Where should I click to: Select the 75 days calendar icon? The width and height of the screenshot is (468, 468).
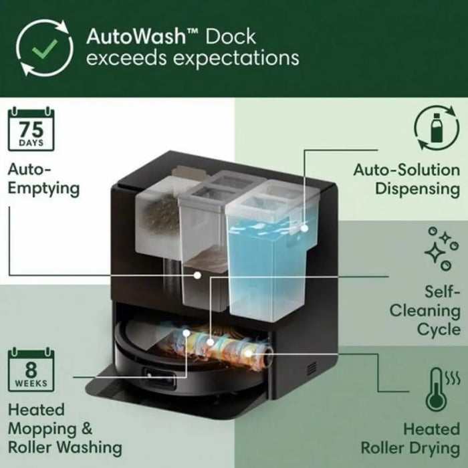click(x=30, y=128)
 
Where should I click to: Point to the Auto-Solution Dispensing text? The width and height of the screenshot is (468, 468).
click(x=406, y=179)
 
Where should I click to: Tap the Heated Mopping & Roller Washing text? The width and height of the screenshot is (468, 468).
click(x=64, y=428)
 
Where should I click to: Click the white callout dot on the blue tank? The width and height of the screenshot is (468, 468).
click(x=304, y=228)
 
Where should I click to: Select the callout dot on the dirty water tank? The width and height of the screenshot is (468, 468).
click(x=197, y=275)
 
